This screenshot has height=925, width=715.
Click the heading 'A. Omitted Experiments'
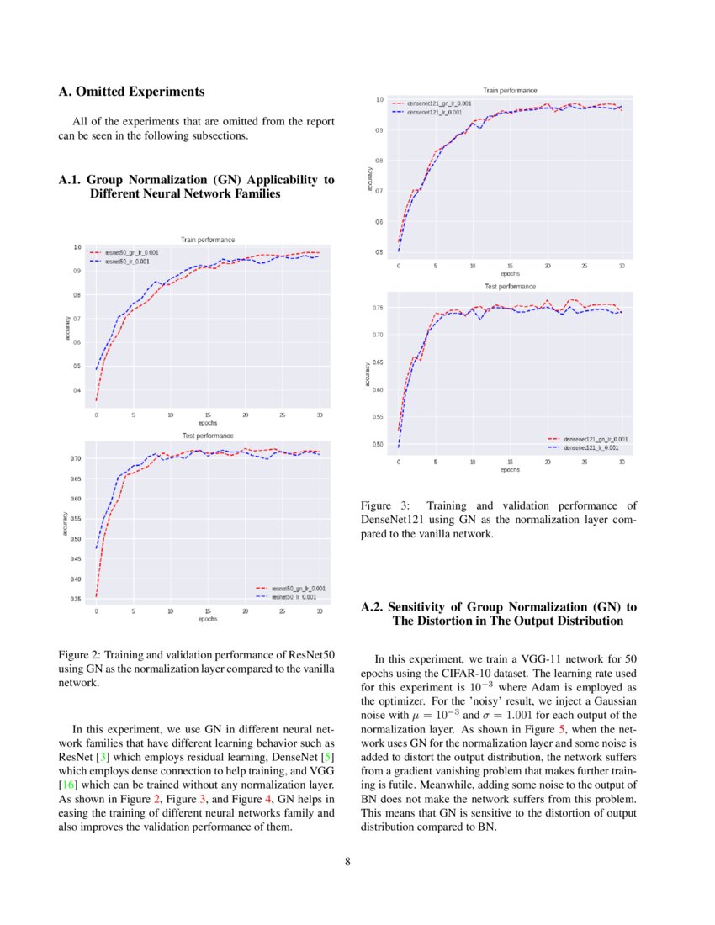pyautogui.click(x=130, y=91)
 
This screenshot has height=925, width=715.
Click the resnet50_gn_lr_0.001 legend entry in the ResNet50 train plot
pyautogui.click(x=131, y=252)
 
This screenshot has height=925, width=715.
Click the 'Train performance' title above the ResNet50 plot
pyautogui.click(x=208, y=240)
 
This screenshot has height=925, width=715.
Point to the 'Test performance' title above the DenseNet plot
pyautogui.click(x=510, y=287)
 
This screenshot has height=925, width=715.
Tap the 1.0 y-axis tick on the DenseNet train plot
pyautogui.click(x=379, y=100)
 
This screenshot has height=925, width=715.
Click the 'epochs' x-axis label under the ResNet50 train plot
pyautogui.click(x=208, y=423)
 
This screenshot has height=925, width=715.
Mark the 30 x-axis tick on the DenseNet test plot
pyautogui.click(x=622, y=462)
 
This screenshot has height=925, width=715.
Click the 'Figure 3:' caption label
pyautogui.click(x=384, y=505)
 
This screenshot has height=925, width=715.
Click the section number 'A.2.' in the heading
pyautogui.click(x=374, y=606)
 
